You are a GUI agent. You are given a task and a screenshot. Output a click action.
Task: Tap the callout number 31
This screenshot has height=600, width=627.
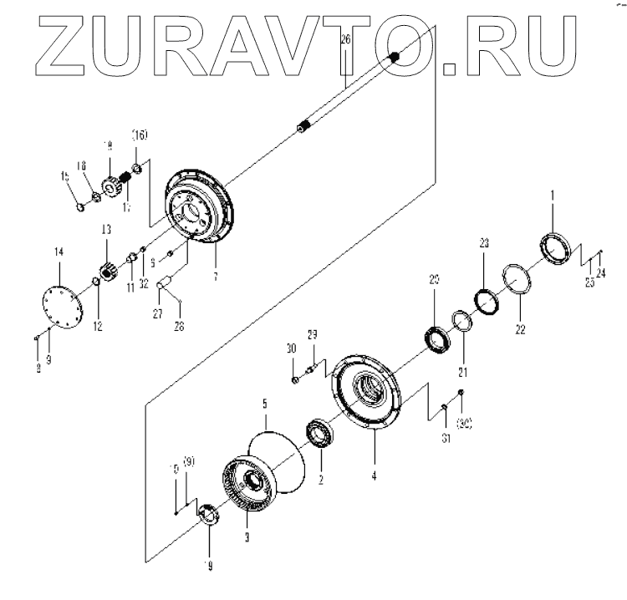coord(445,435)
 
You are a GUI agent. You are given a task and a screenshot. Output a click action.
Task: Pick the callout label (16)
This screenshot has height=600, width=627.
coord(139,135)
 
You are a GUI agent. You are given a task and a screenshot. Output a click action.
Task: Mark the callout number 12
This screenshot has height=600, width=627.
coord(98,325)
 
